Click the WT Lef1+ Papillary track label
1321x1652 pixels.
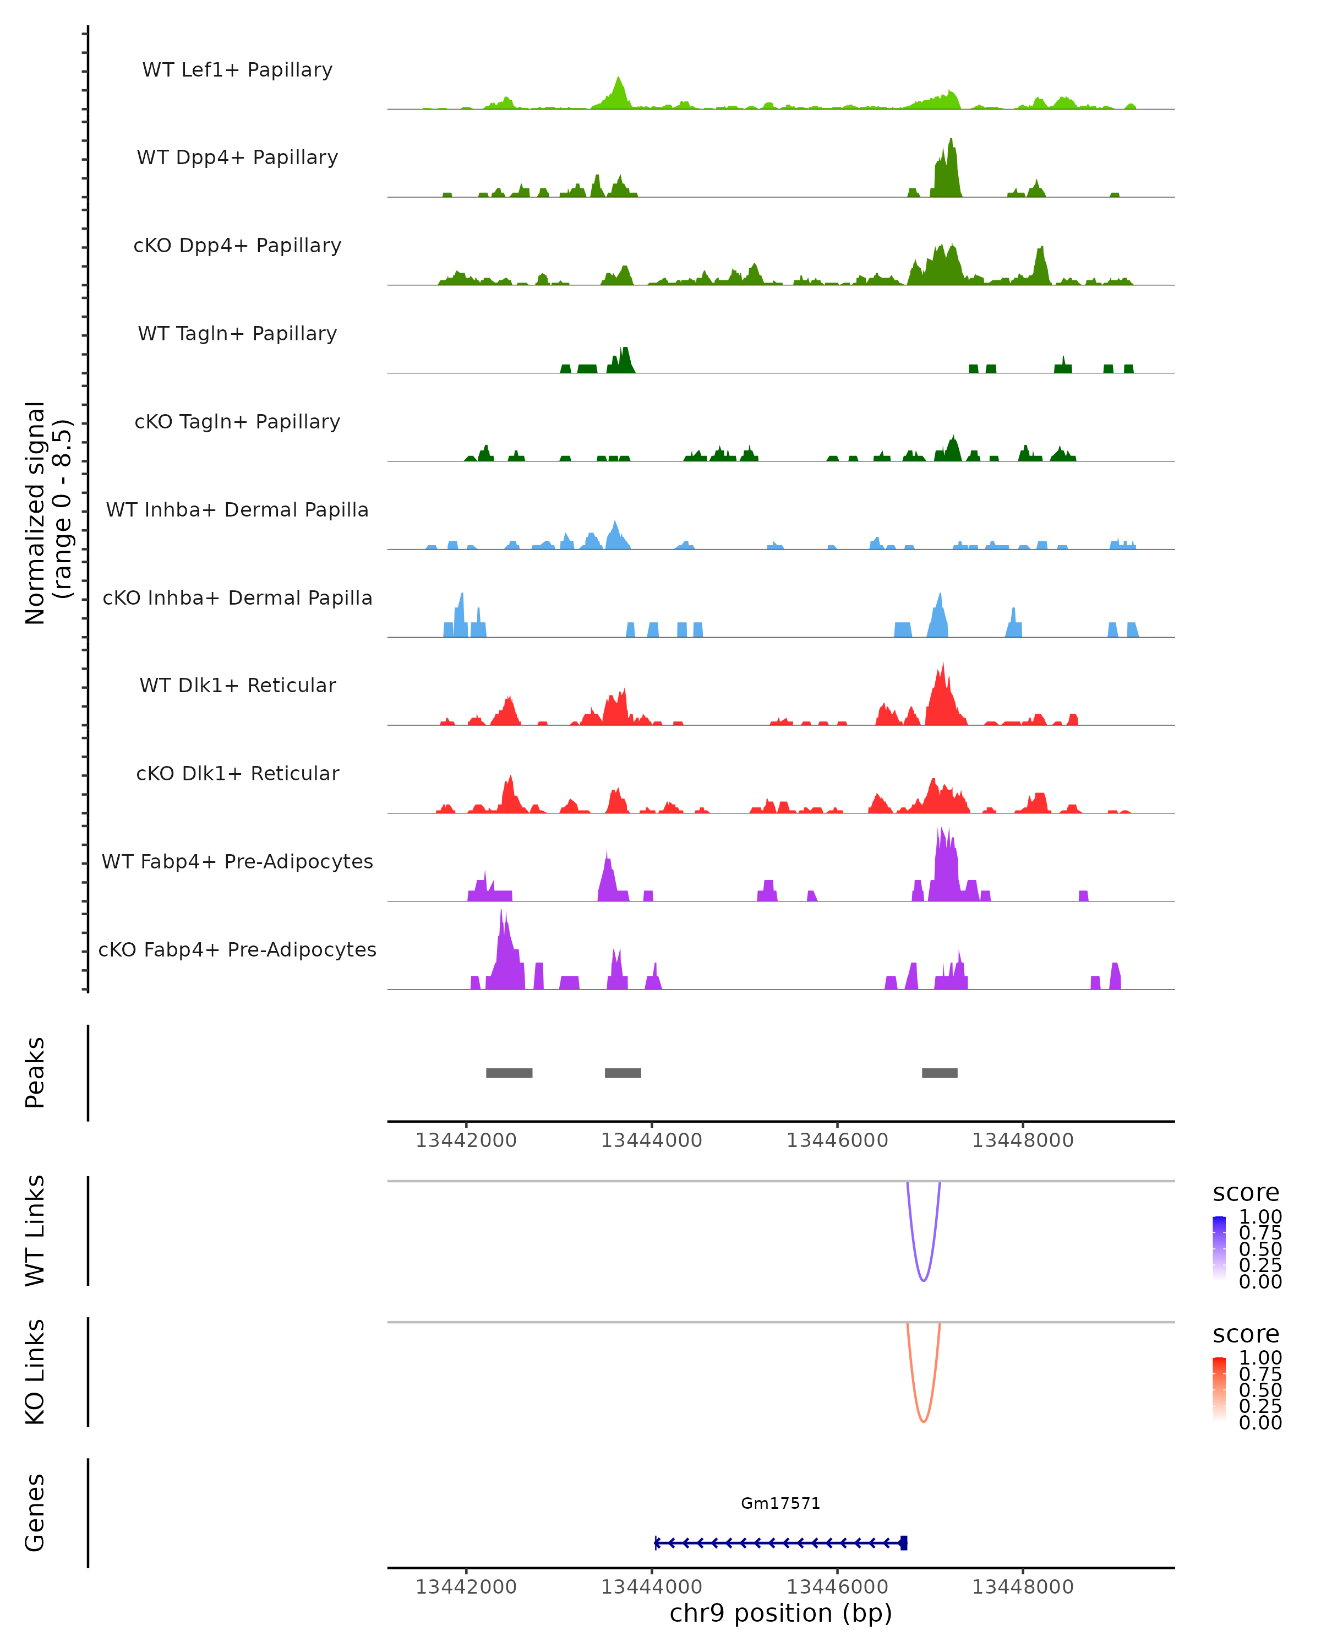[x=237, y=70]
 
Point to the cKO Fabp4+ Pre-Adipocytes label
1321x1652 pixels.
[x=237, y=949]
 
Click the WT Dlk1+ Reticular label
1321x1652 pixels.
[x=237, y=685]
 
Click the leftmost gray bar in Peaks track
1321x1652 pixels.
[x=509, y=1073]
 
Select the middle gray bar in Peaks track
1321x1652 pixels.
[x=623, y=1073]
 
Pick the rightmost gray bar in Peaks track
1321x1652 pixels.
[x=940, y=1073]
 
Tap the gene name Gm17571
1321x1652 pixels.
[x=780, y=1503]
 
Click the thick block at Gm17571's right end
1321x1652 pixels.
[x=904, y=1542]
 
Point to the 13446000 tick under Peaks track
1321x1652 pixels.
[x=837, y=1140]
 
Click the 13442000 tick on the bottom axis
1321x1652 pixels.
[x=466, y=1587]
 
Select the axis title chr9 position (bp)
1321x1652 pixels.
[x=780, y=1613]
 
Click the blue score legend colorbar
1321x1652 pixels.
[x=1219, y=1248]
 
